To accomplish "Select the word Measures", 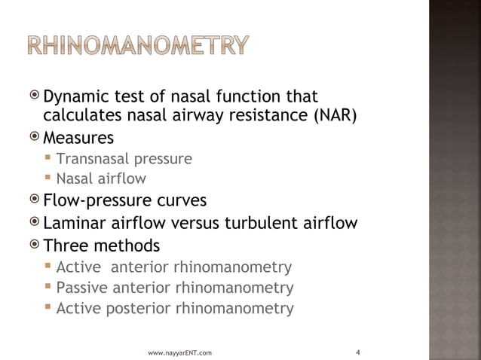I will (78, 139).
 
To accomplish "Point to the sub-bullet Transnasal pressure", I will (124, 159).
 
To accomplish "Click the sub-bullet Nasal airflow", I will (101, 179).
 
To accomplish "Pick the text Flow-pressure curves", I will (124, 202).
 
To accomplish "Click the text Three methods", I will (101, 246).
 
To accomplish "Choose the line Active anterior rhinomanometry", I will (173, 267).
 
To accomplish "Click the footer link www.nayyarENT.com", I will (179, 352).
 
